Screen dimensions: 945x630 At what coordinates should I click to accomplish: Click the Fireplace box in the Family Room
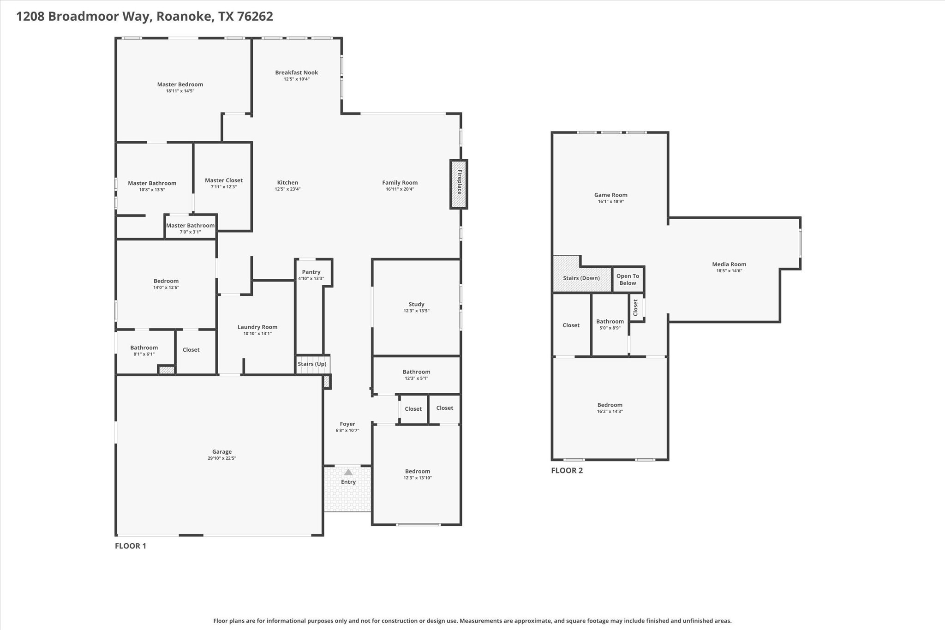point(459,184)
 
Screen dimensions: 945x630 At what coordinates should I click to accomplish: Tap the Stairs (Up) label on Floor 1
point(312,364)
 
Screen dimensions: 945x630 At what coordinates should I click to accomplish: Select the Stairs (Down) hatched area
point(582,274)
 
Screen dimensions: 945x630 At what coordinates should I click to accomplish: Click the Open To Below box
point(628,280)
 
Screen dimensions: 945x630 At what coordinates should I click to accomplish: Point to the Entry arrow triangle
point(348,472)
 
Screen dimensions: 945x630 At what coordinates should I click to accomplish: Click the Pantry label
point(311,272)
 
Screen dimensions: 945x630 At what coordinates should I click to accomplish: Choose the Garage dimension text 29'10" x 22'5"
point(222,458)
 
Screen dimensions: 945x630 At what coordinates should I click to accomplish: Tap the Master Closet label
point(224,180)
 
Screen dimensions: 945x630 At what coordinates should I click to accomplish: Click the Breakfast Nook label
point(297,72)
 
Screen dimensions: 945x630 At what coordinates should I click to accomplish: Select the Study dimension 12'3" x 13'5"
point(416,311)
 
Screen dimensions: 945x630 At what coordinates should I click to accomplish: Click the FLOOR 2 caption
point(567,470)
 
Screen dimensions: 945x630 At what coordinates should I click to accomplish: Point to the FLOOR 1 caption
point(131,546)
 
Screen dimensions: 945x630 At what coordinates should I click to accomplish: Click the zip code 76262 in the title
point(255,17)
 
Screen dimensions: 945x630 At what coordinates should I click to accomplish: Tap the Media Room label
point(729,264)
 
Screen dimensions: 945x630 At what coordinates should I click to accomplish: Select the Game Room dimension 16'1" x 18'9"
point(611,202)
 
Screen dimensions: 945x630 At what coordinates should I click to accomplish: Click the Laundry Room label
point(257,327)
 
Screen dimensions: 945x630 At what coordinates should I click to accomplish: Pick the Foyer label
point(347,424)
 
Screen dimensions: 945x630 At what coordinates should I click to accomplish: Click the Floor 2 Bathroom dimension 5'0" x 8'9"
point(610,328)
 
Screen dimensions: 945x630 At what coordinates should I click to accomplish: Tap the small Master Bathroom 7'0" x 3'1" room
point(191,227)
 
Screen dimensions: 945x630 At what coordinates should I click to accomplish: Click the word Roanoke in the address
point(185,17)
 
